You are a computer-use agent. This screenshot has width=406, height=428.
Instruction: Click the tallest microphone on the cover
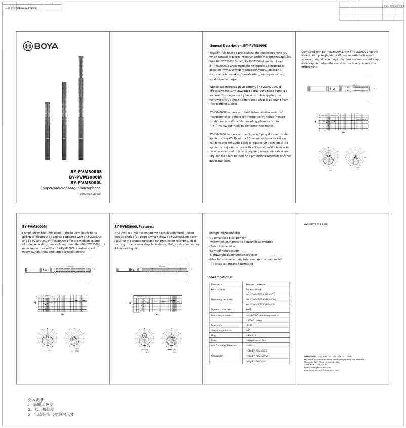80,101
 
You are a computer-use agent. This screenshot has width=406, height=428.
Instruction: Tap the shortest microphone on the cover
48,129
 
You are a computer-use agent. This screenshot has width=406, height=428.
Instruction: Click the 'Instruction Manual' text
91,194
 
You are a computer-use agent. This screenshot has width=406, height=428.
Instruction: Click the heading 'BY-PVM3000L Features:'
134,226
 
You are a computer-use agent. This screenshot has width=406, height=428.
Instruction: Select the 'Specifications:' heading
220,277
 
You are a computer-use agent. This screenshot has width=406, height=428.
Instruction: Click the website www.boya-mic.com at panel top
315,223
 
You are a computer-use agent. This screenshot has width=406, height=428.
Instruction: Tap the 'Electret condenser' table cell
256,285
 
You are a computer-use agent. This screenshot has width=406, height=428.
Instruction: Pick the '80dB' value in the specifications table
249,309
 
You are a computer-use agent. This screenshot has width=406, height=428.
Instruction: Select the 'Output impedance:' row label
222,330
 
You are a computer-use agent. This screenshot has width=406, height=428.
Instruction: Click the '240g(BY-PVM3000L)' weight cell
257,361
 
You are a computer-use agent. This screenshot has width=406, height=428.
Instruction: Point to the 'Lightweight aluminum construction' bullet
233,254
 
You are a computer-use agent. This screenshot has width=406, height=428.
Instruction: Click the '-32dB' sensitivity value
249,325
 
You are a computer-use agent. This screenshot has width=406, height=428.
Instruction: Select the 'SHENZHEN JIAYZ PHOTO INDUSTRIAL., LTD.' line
328,357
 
